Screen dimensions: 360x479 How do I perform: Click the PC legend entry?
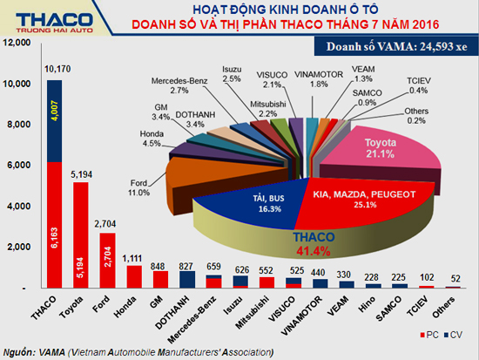pos(432,335)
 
